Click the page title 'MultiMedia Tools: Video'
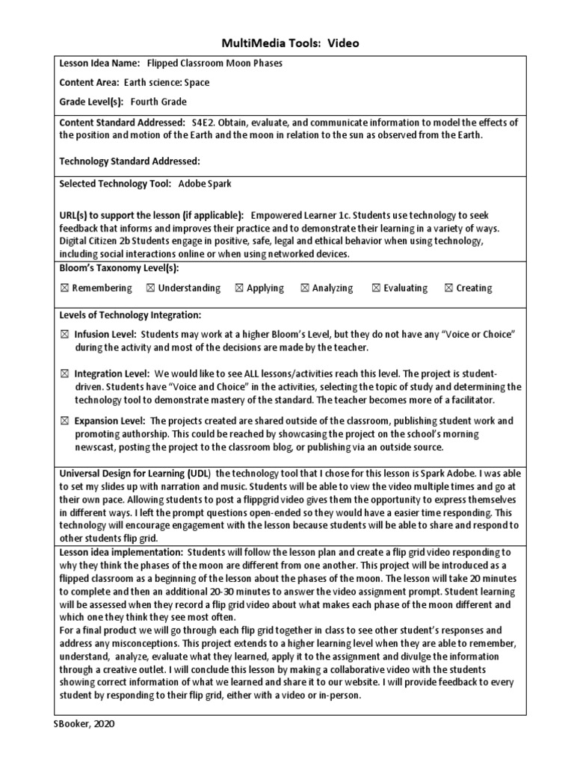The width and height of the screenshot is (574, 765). pyautogui.click(x=289, y=43)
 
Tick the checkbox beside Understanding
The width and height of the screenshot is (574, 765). pyautogui.click(x=151, y=288)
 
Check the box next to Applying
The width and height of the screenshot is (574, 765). pyautogui.click(x=239, y=288)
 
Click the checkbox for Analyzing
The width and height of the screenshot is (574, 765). pyautogui.click(x=305, y=288)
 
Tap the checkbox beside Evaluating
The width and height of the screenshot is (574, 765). pyautogui.click(x=376, y=288)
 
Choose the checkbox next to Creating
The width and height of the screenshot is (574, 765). pyautogui.click(x=448, y=288)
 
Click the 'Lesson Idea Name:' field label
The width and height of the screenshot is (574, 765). pyautogui.click(x=99, y=64)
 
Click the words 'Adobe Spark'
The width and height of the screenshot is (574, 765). pyautogui.click(x=200, y=183)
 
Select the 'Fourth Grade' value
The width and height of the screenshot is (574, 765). pyautogui.click(x=158, y=102)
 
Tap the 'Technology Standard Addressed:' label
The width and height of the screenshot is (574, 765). pyautogui.click(x=130, y=161)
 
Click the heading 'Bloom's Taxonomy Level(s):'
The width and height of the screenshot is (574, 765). pyautogui.click(x=119, y=268)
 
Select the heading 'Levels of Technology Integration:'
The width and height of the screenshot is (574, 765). pyautogui.click(x=130, y=316)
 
